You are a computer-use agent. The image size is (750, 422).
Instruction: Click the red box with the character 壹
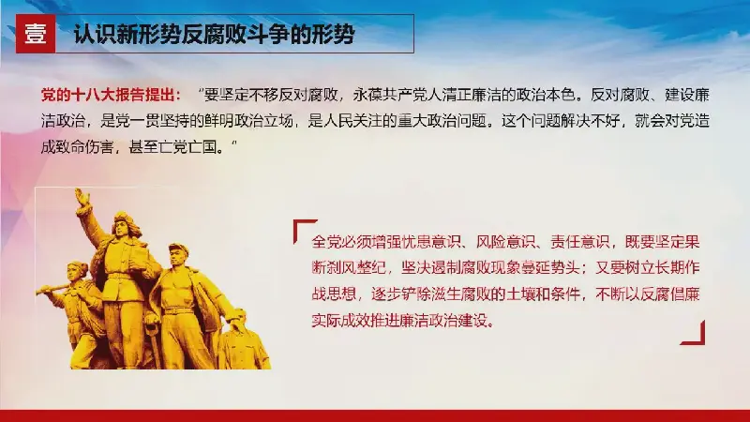point(36,34)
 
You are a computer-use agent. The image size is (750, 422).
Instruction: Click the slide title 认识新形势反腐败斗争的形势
point(215,35)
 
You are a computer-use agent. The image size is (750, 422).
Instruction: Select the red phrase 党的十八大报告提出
point(111,96)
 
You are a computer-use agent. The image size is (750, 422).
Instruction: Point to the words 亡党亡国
point(194,146)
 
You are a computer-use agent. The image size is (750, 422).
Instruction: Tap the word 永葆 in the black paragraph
point(367,96)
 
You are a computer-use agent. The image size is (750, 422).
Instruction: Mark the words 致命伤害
point(85,146)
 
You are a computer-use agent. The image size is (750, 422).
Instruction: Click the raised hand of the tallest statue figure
point(82,198)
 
